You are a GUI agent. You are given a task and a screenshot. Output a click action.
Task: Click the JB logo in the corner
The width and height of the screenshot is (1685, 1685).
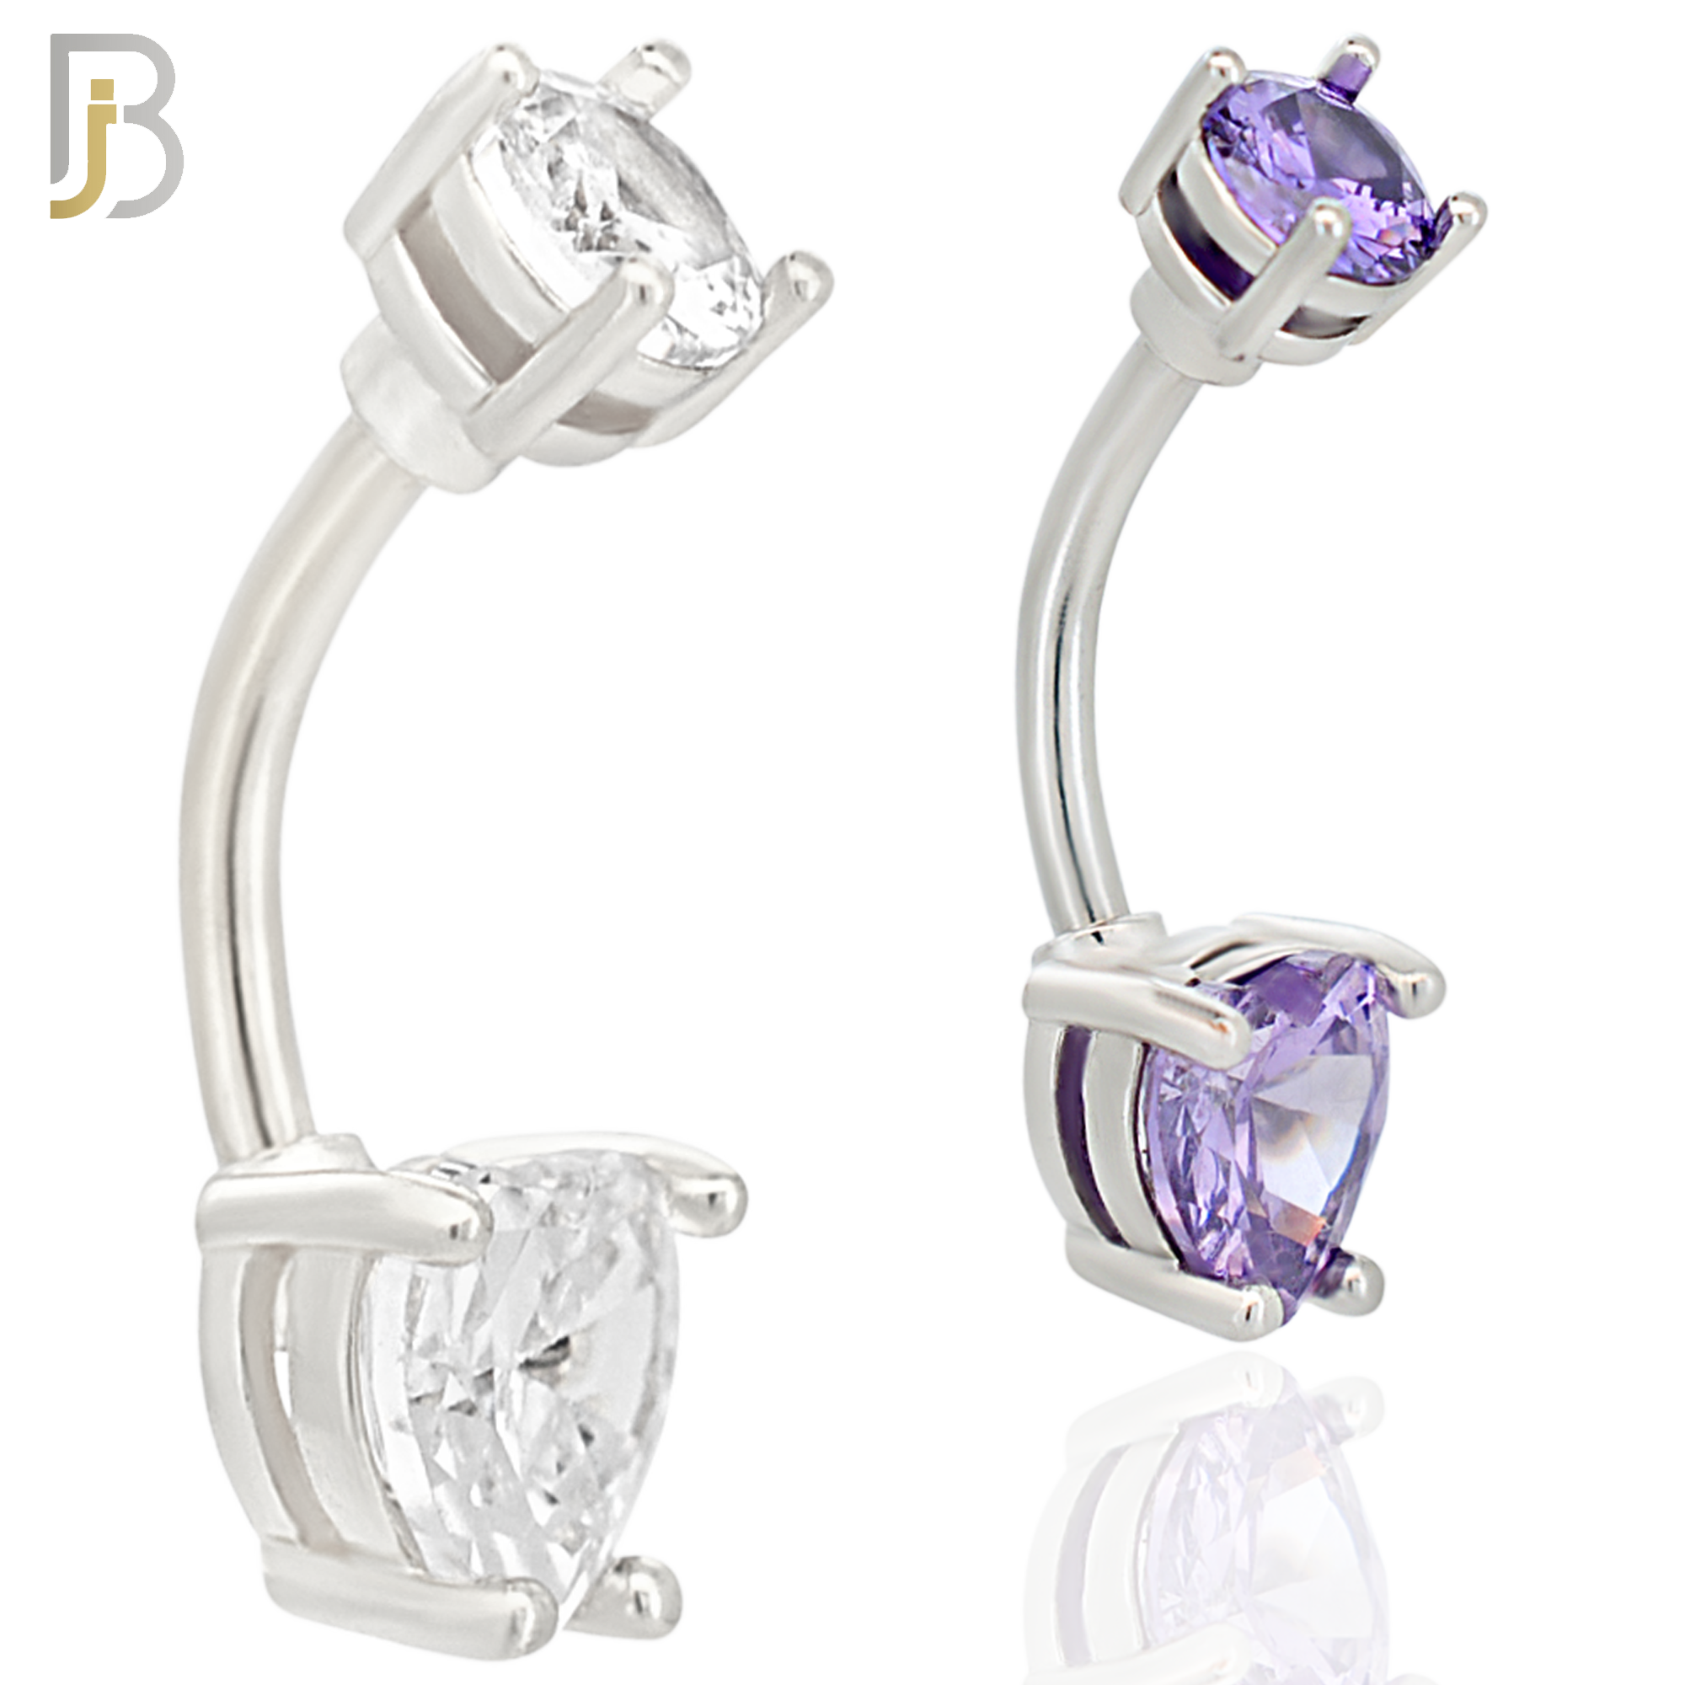(x=116, y=126)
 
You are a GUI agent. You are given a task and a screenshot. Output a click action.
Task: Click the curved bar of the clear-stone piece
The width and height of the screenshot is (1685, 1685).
(x=262, y=785)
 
